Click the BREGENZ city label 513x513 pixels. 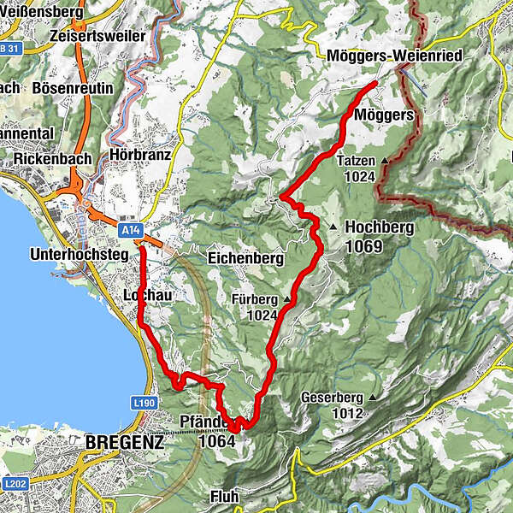tap(124, 443)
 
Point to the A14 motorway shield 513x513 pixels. tap(130, 231)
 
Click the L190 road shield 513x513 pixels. tap(143, 401)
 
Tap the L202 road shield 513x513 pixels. tap(12, 483)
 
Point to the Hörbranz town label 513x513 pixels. tap(141, 156)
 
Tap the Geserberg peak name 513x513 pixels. tap(332, 398)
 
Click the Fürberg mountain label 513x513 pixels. tap(254, 299)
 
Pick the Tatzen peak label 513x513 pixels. tap(357, 161)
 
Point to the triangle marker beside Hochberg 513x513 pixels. tap(333, 227)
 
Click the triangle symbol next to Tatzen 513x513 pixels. tap(385, 161)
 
